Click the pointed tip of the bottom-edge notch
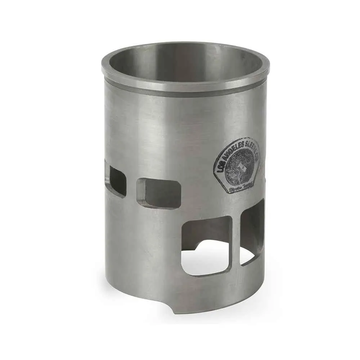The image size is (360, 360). coord(172,312)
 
